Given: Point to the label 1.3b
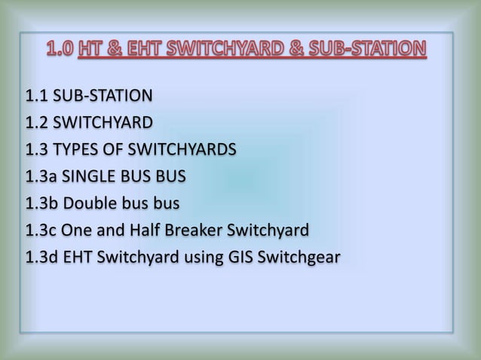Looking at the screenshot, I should (41, 204).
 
